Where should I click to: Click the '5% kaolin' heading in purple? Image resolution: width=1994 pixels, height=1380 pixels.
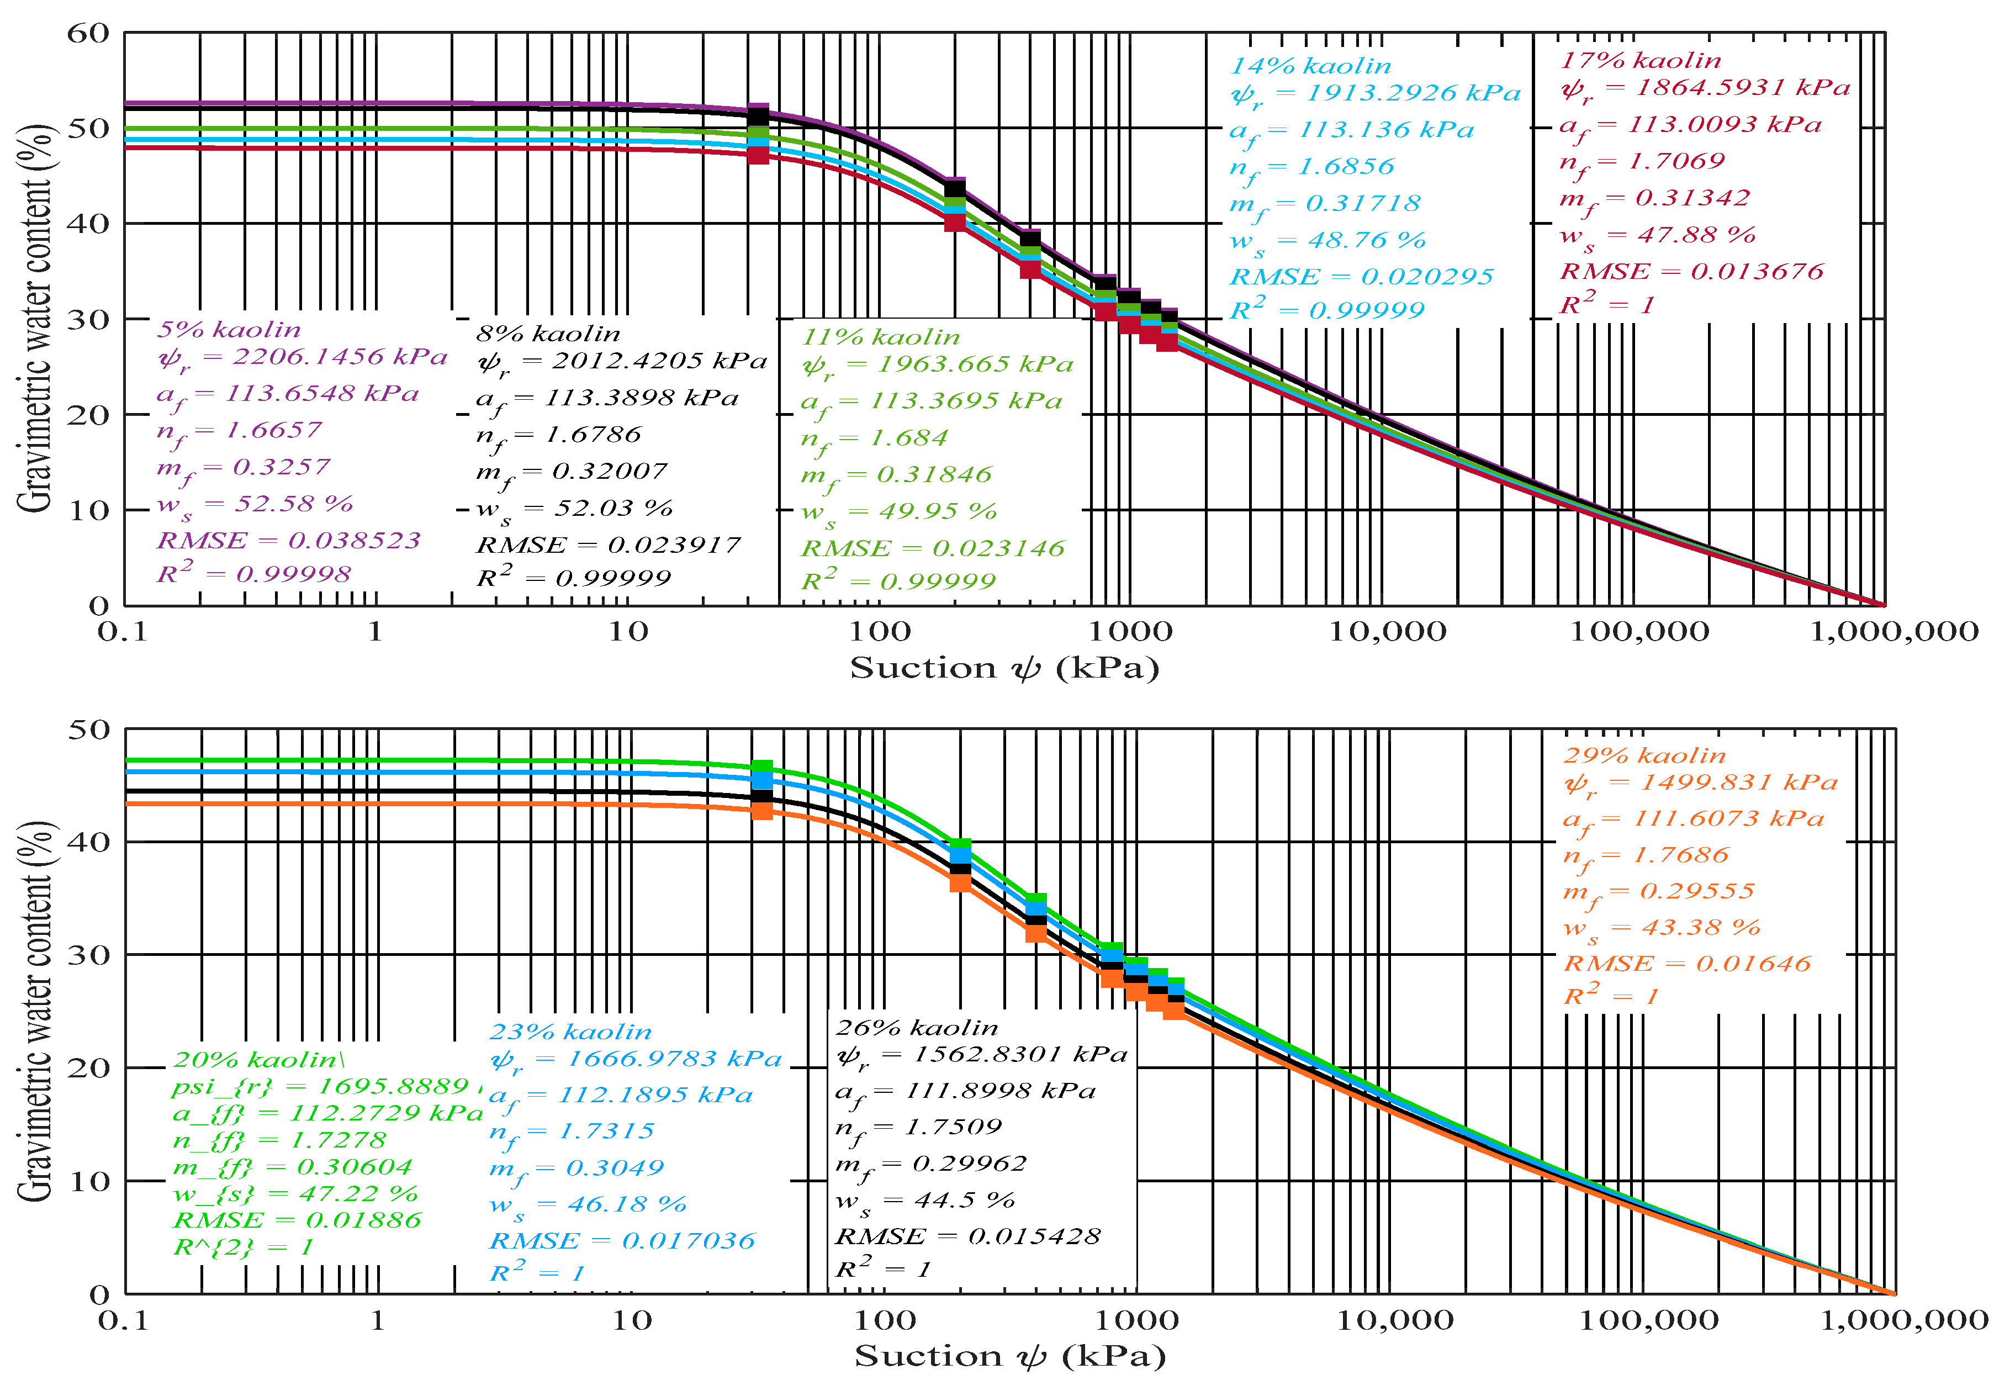point(229,330)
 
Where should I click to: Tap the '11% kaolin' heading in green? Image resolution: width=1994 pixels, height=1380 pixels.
point(880,338)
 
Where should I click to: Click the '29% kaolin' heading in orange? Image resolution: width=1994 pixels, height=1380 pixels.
point(1644,755)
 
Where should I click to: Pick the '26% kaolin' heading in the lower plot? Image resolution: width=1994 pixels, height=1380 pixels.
point(917,1028)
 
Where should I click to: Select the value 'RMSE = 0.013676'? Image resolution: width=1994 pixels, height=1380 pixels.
point(1691,272)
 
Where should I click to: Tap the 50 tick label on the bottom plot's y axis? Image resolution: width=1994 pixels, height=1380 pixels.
point(89,730)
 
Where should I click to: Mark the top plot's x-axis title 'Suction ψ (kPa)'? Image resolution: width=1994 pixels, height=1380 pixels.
point(1004,668)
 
